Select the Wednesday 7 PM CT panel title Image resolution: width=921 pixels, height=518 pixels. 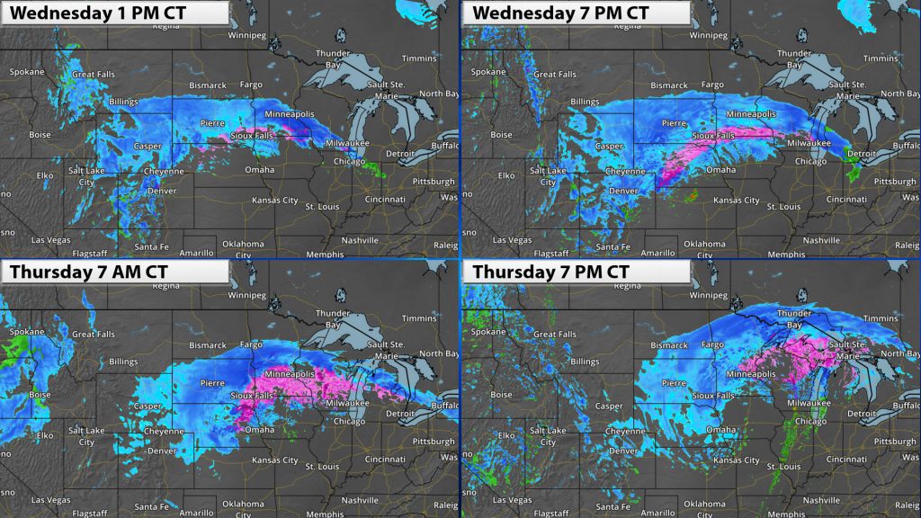pos(559,13)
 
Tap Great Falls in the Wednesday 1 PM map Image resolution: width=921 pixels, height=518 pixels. pos(97,74)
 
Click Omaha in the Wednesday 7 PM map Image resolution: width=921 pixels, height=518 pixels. pos(720,169)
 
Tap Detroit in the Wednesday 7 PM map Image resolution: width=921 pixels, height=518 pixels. pos(864,154)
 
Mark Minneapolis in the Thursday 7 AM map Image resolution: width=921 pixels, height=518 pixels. pos(289,373)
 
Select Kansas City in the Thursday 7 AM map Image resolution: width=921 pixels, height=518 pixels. pos(276,460)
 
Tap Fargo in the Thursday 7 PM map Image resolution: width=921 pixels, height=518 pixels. pos(712,344)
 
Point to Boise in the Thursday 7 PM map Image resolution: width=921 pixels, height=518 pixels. pos(501,394)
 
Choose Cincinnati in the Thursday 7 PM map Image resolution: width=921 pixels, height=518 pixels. pos(847,458)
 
